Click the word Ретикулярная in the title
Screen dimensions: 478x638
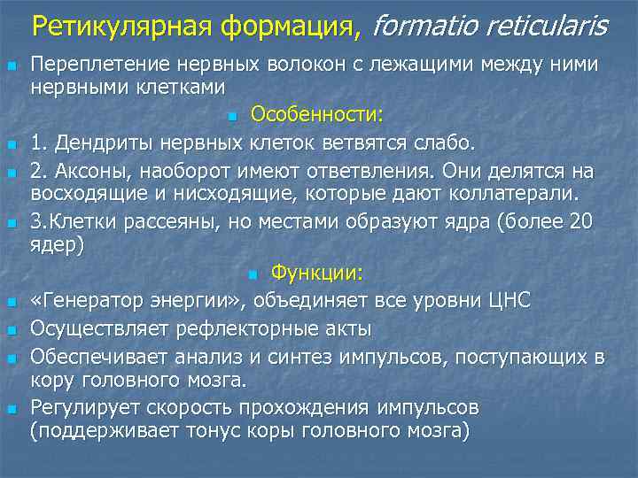click(x=116, y=27)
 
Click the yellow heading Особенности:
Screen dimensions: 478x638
click(x=317, y=114)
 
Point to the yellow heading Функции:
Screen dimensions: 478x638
click(x=323, y=273)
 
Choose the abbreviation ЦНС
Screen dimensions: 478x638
click(x=504, y=301)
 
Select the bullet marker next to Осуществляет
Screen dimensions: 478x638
click(x=11, y=330)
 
